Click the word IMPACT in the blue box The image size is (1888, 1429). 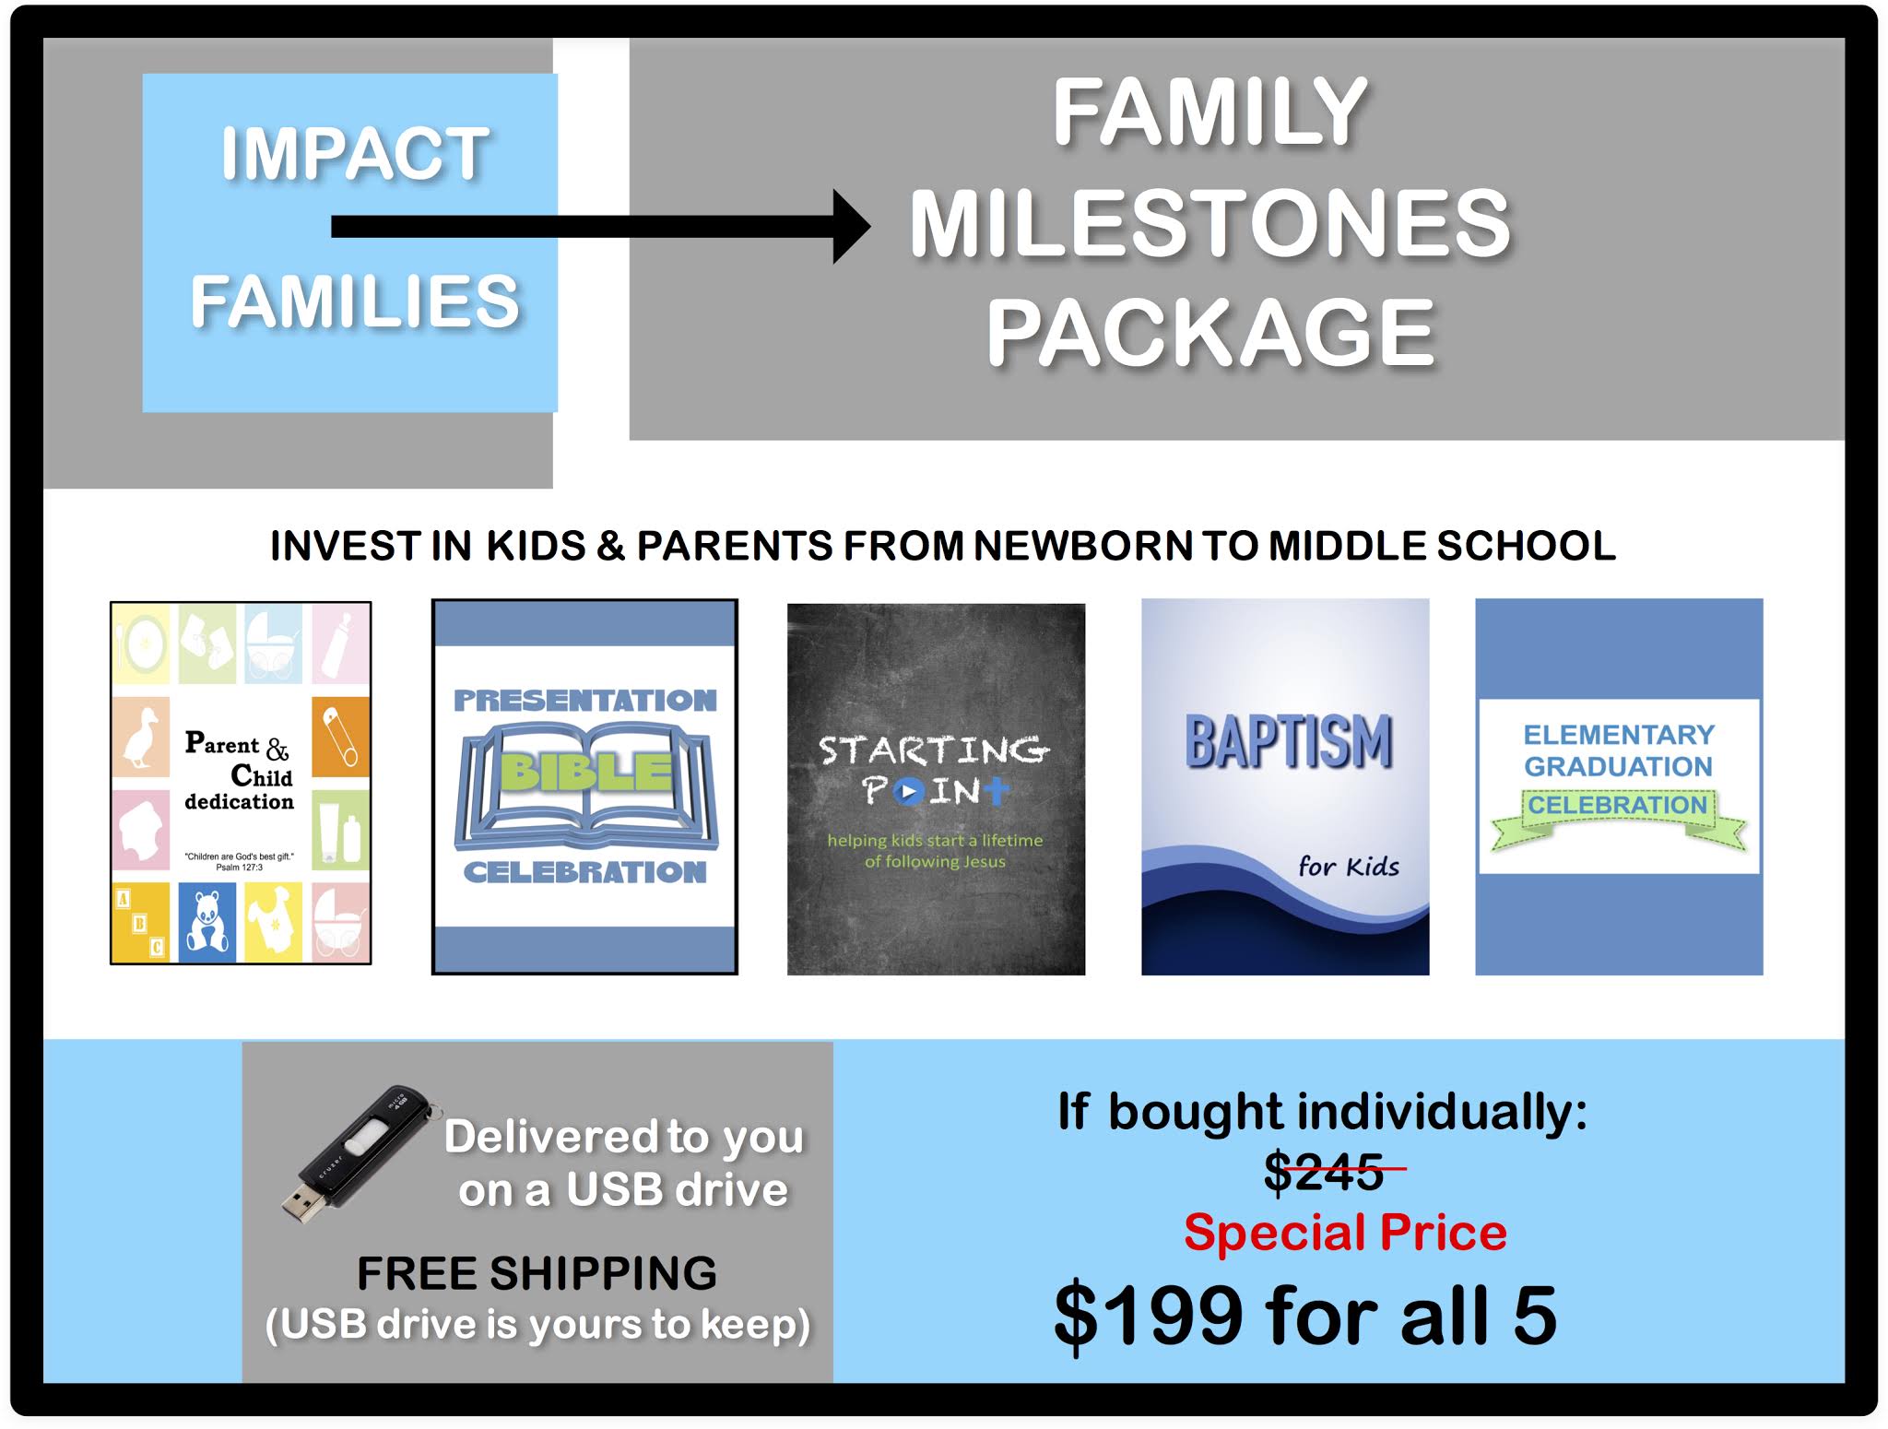(354, 153)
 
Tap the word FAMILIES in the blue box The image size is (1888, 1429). (355, 301)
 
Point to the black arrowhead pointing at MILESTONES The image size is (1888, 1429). (850, 227)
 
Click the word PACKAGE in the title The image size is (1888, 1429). (1210, 333)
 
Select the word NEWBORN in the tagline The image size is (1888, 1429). (1084, 546)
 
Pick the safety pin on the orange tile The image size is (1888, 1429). (340, 738)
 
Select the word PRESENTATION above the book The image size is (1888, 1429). (584, 701)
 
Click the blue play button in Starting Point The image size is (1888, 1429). (908, 791)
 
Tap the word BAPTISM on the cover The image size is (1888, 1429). (1288, 742)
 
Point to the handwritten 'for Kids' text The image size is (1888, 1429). (1348, 867)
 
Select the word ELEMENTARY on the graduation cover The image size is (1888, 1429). (1618, 735)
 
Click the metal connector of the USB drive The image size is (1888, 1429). (300, 1204)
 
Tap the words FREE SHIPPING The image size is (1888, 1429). (537, 1273)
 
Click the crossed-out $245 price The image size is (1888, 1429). (1325, 1172)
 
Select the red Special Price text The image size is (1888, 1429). (1345, 1233)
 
